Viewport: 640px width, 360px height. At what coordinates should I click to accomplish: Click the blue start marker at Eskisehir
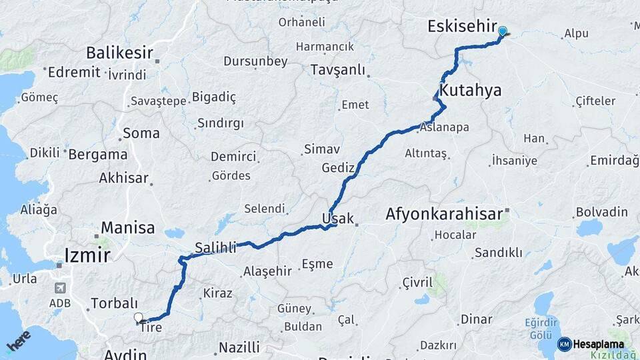[502, 31]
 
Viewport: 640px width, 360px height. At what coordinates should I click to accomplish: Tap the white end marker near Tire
[139, 318]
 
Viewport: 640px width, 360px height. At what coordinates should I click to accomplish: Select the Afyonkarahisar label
[443, 215]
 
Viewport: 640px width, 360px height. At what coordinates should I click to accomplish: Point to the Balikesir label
[119, 53]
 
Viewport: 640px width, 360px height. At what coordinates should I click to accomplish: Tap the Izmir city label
[87, 253]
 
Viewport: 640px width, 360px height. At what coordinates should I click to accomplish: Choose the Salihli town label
[215, 248]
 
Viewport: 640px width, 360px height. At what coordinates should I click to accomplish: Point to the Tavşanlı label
[339, 70]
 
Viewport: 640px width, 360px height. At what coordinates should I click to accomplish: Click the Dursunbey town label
[255, 61]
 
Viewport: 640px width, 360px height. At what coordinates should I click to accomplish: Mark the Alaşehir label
[268, 271]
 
